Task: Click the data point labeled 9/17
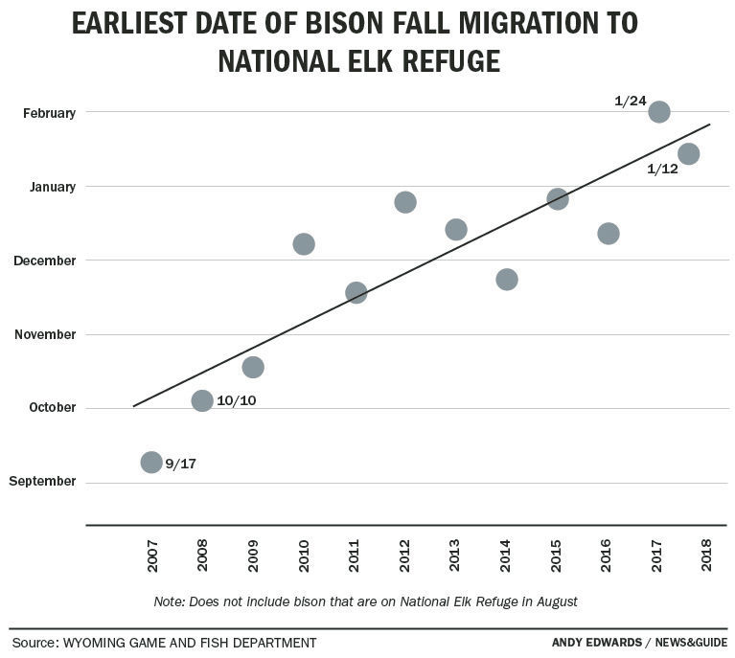(x=151, y=463)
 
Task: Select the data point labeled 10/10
(x=202, y=400)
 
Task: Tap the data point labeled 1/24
(x=659, y=112)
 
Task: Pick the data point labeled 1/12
(x=688, y=153)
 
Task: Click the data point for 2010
(x=304, y=244)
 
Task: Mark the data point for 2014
(x=507, y=280)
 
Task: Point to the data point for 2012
(x=405, y=202)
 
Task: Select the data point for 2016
(x=609, y=234)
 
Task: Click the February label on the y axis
(x=49, y=113)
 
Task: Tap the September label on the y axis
(x=42, y=481)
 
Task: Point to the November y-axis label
(x=46, y=334)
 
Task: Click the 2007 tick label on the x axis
(x=152, y=556)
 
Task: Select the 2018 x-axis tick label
(x=707, y=556)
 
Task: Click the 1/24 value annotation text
(x=630, y=101)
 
